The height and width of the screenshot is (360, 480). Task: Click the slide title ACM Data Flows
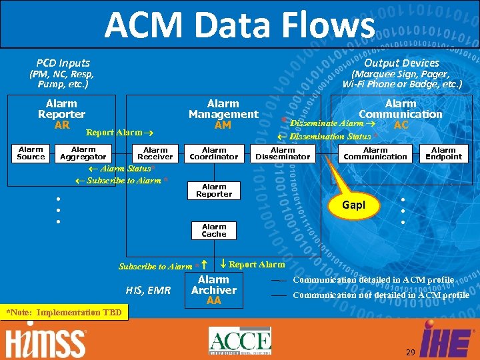pyautogui.click(x=240, y=25)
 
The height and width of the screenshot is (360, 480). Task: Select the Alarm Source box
pyautogui.click(x=31, y=153)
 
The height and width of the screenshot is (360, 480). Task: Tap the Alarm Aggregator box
pyautogui.click(x=83, y=153)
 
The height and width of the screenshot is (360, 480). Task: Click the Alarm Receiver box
pyautogui.click(x=155, y=153)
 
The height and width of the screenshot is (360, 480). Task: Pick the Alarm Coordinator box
pyautogui.click(x=214, y=153)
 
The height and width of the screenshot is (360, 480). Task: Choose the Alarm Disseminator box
pyautogui.click(x=283, y=153)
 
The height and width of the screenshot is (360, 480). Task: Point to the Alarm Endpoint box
pyautogui.click(x=443, y=153)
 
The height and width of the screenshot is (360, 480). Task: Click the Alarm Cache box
pyautogui.click(x=214, y=231)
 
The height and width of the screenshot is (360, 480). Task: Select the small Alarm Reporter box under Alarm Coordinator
pyautogui.click(x=214, y=190)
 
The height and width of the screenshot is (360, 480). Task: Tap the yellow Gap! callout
pyautogui.click(x=354, y=205)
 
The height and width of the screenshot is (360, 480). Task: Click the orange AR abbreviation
pyautogui.click(x=62, y=125)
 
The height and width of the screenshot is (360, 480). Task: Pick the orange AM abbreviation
pyautogui.click(x=223, y=125)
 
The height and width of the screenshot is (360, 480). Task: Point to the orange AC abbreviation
pyautogui.click(x=401, y=125)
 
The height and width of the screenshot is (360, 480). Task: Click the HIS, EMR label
pyautogui.click(x=148, y=290)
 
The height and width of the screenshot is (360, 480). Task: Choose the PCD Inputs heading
pyautogui.click(x=63, y=63)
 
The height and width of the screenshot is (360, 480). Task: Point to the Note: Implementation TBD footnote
pyautogui.click(x=63, y=312)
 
